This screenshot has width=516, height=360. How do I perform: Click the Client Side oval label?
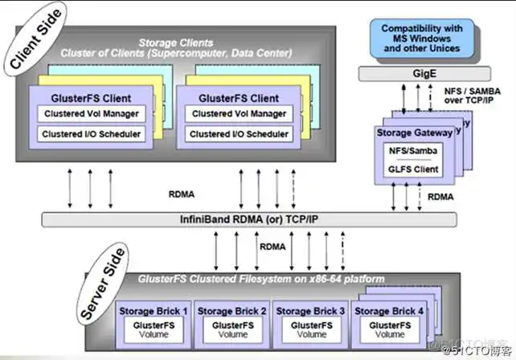pos(35,39)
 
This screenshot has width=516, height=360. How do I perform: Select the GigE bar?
pos(424,74)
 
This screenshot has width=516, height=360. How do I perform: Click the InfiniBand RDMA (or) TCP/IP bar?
pos(249,219)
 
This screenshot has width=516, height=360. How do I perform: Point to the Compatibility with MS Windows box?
pos(422,39)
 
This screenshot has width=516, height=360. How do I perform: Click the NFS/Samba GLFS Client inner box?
pos(413,160)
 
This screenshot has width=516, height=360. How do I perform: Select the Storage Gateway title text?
pos(415,133)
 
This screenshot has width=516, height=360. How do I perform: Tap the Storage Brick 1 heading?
pos(154,311)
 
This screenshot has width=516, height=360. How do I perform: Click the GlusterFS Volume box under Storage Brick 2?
pos(232,330)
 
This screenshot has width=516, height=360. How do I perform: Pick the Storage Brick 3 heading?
pos(310,311)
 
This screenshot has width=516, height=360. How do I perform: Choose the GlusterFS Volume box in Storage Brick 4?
pos(390,330)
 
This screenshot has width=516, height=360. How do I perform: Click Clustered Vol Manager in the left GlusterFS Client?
pos(92,114)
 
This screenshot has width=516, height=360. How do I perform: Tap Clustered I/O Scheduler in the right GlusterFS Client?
pos(239,134)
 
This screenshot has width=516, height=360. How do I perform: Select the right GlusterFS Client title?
pos(239,98)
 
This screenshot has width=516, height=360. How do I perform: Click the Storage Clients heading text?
pos(176,43)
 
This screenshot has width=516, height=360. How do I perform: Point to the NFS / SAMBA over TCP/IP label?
pos(473,96)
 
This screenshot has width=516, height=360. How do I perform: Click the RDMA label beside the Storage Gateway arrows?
pos(440,197)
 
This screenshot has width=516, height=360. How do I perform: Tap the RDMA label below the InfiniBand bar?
pos(272,247)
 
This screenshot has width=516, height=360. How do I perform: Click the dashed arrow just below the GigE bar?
pos(431,98)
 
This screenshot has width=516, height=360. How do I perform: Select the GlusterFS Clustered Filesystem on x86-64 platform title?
pos(261,279)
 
